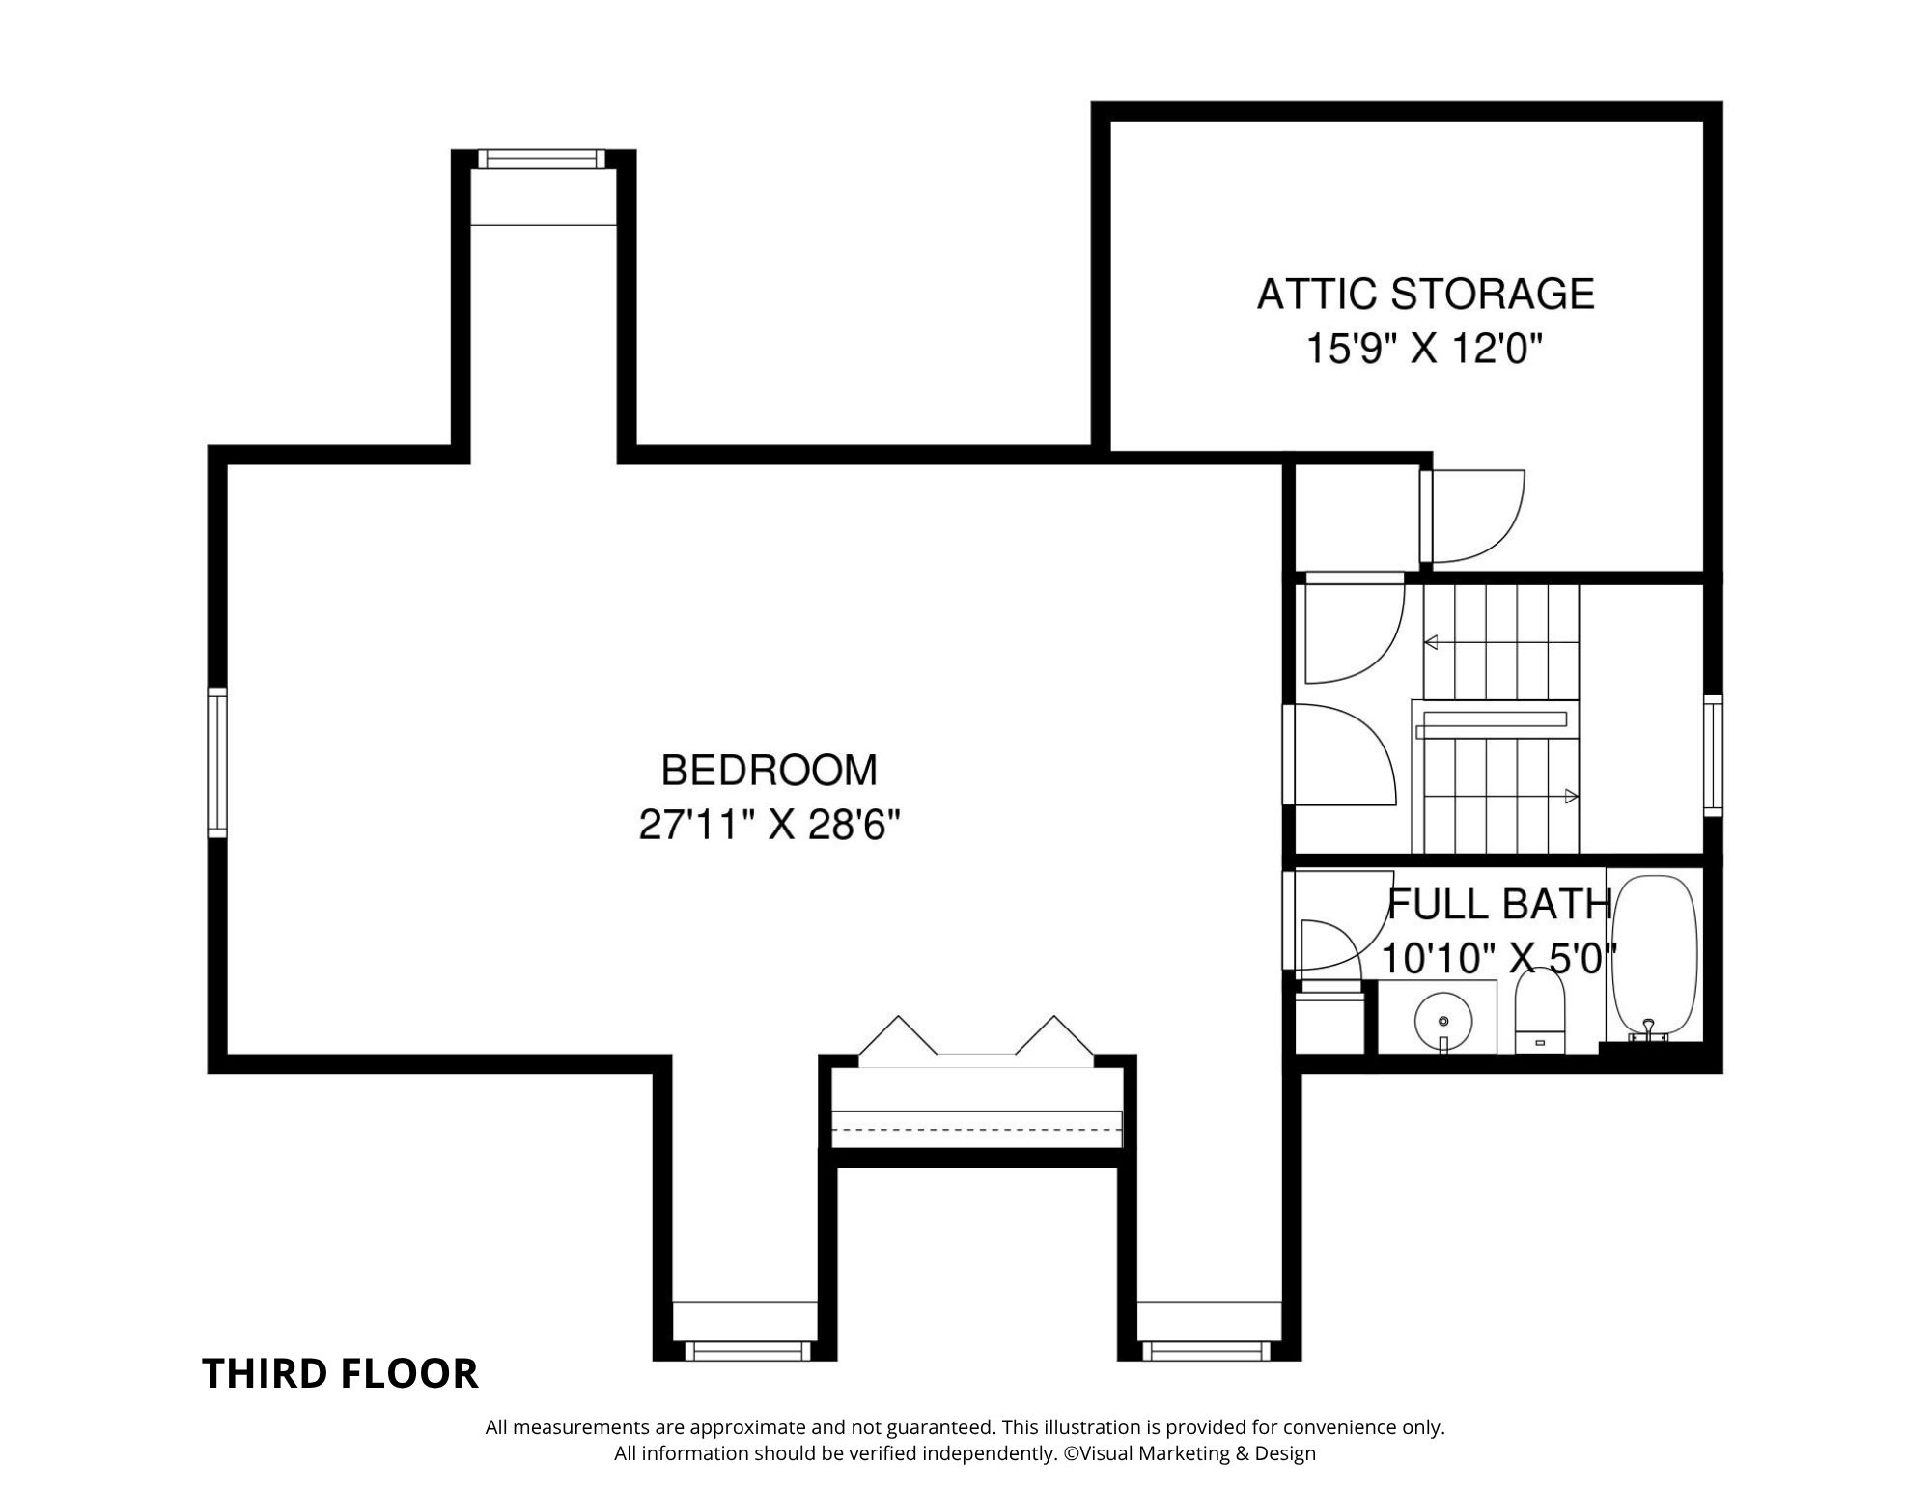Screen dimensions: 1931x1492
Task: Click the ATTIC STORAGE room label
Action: [x=1425, y=294]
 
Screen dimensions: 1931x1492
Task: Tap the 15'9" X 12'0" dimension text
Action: [x=1420, y=349]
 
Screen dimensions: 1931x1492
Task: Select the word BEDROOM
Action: [x=770, y=771]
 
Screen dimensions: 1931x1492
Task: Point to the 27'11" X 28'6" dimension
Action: [x=770, y=826]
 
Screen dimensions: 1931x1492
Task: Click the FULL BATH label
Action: [x=1499, y=904]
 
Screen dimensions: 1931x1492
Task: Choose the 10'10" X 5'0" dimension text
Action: [x=1499, y=959]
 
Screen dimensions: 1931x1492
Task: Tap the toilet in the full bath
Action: [x=1539, y=1010]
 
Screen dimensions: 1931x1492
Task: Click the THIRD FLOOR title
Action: [x=340, y=1374]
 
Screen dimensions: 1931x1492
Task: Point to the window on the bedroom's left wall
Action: [x=217, y=761]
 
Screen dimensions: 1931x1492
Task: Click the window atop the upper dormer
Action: [x=542, y=158]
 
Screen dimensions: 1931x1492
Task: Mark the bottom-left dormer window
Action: [x=744, y=1350]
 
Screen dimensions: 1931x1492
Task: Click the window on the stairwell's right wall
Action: [x=1713, y=755]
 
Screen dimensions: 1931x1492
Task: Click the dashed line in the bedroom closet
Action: [x=977, y=1128]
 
